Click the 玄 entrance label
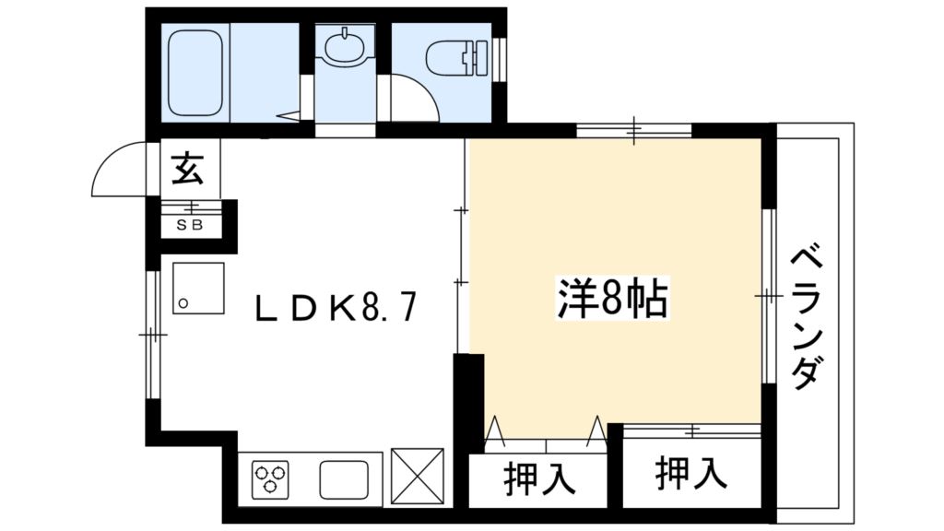[187, 171]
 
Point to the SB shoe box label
[191, 224]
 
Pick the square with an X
[417, 477]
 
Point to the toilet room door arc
[411, 98]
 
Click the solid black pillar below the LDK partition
[469, 396]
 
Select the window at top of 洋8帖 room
[633, 131]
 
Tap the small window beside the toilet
[500, 60]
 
